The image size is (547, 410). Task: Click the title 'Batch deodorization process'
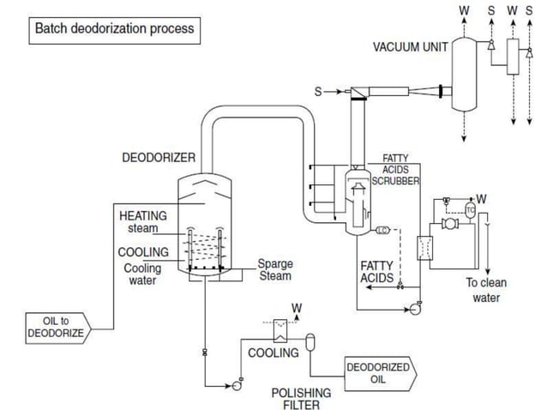[114, 29]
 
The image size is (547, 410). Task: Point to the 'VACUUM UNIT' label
[409, 47]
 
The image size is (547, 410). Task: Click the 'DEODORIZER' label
[158, 158]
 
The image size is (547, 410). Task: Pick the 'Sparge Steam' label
[274, 270]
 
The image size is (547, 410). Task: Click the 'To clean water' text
[487, 290]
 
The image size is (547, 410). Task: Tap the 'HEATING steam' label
[142, 222]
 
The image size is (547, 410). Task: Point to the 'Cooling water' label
[142, 274]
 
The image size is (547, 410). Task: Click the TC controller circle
[470, 210]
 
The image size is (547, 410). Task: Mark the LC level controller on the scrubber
[382, 229]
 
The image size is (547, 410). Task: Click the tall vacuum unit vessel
[464, 75]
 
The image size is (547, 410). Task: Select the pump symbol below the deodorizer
[236, 385]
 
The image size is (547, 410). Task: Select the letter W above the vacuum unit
[464, 10]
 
